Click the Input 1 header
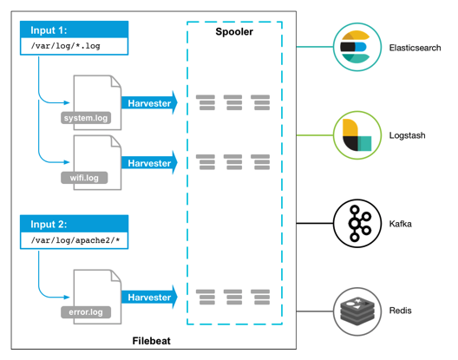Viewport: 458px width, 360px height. [x=75, y=29]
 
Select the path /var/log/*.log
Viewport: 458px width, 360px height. [x=65, y=46]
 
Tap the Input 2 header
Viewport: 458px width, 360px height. [x=75, y=224]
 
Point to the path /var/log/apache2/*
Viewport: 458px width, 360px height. [x=75, y=240]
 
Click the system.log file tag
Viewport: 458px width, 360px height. [x=86, y=118]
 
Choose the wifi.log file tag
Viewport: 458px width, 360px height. [x=84, y=178]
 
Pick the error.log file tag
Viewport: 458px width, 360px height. [x=86, y=312]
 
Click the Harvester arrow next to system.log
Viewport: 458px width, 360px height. [x=149, y=103]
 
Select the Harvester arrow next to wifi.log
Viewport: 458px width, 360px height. [x=149, y=163]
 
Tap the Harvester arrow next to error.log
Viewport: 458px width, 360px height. [x=149, y=298]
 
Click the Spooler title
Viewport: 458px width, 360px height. [x=234, y=31]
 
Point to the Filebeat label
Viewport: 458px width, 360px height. [x=151, y=341]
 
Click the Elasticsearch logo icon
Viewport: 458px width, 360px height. [x=357, y=47]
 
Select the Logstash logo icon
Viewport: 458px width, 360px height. [x=357, y=135]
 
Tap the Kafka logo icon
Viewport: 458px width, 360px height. [x=357, y=223]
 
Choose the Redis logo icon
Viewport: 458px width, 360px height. [x=357, y=311]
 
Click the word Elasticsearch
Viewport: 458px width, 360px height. [x=415, y=48]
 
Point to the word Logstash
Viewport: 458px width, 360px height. [x=407, y=135]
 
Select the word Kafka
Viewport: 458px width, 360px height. [x=401, y=224]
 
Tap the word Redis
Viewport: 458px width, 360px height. [x=400, y=311]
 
